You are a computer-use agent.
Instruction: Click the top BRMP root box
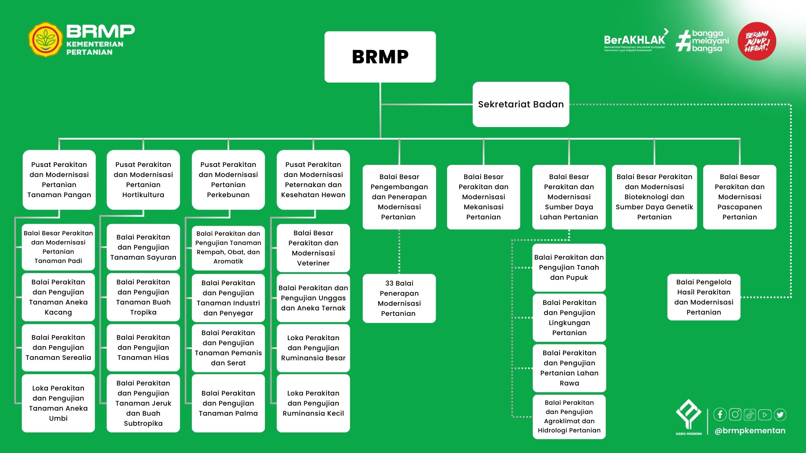380,57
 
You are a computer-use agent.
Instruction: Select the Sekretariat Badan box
521,104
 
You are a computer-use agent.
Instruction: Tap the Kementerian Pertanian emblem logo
45,40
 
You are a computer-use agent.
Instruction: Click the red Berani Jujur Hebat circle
756,41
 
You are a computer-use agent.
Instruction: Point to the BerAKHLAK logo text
634,40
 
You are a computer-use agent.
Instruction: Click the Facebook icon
720,414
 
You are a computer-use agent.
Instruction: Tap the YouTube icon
765,414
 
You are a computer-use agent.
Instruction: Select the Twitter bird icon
780,414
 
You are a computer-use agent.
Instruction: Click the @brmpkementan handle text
750,431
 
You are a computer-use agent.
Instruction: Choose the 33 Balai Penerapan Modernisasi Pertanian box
399,298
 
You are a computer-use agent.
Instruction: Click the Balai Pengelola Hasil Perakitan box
704,297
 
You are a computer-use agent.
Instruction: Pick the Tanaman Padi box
58,247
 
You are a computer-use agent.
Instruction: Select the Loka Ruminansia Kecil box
313,403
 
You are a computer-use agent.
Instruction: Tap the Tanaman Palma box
228,403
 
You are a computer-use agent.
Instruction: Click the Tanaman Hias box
143,347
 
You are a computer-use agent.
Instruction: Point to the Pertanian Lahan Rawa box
569,368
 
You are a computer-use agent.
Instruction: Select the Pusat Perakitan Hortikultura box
143,180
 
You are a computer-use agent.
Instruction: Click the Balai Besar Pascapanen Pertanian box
739,197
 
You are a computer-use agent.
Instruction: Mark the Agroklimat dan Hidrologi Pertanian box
569,417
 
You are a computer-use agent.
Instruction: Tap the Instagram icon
735,414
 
